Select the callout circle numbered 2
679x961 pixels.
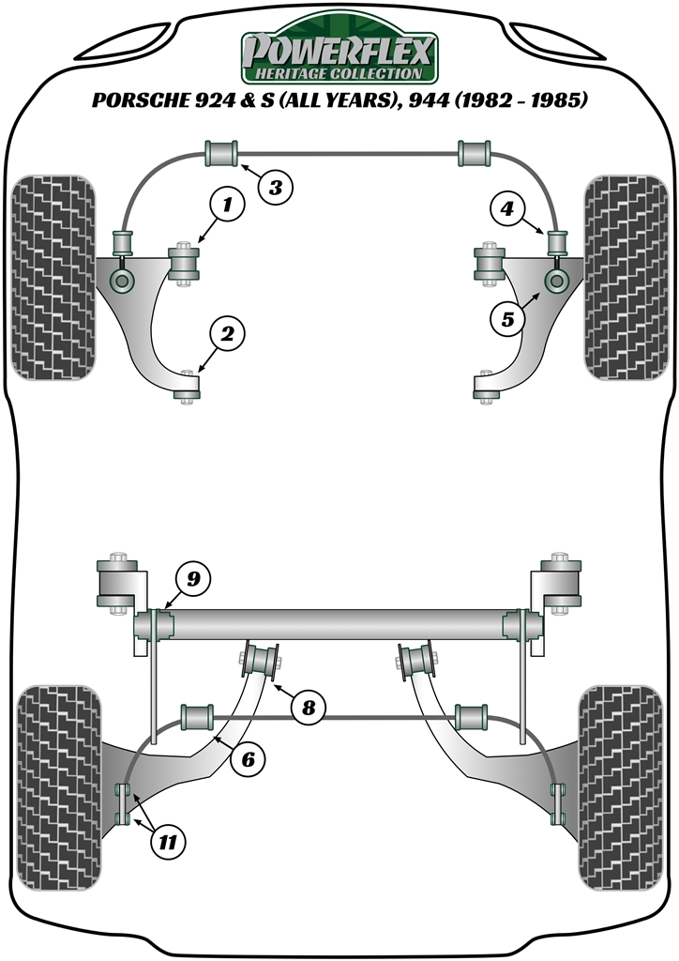click(227, 332)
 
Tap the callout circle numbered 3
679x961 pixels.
click(275, 187)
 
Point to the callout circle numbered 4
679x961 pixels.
click(507, 208)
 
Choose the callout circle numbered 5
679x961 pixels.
click(507, 319)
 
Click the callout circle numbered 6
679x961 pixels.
click(248, 760)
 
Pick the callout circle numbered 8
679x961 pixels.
click(308, 708)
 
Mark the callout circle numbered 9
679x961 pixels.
click(192, 579)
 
